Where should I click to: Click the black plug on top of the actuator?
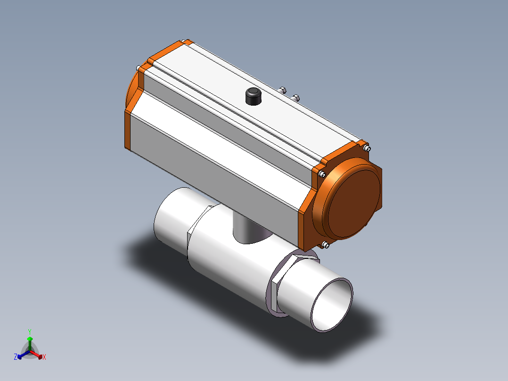point(254,96)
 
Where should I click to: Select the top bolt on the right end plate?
point(367,149)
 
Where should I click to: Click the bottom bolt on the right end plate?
point(326,245)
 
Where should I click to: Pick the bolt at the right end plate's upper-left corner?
point(322,174)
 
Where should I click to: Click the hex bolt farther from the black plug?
point(295,98)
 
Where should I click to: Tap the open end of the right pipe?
point(332,305)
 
